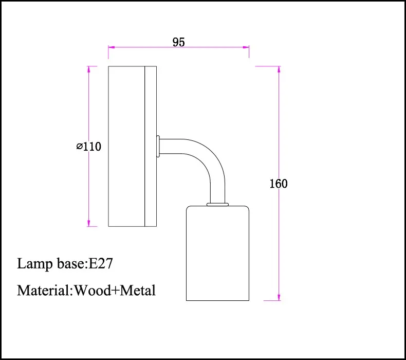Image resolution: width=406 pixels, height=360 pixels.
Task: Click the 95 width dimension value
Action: click(x=179, y=42)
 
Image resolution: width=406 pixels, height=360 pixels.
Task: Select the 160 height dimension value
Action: click(x=279, y=184)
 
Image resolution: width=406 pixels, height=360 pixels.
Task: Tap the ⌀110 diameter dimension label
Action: click(x=89, y=147)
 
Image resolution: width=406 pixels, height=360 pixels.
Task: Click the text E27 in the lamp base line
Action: click(x=101, y=264)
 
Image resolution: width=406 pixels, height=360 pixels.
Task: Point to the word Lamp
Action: click(x=35, y=264)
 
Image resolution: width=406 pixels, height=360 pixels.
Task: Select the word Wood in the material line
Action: click(x=93, y=290)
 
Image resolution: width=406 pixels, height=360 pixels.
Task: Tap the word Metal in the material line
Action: click(x=138, y=290)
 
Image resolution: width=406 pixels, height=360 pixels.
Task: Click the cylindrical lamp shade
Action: click(x=217, y=253)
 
